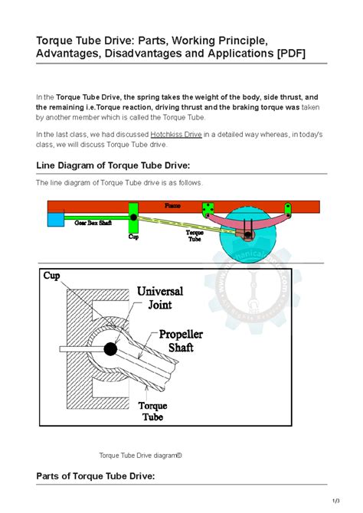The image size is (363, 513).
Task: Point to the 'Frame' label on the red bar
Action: pos(174,206)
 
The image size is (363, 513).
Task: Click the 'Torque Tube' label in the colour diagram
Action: pos(195,235)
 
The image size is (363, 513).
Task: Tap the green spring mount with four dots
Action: pos(208,209)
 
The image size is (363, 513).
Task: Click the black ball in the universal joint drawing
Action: pos(111,349)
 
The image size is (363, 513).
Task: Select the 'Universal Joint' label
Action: pos(165,298)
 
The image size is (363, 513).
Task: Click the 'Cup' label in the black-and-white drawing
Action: pos(51,276)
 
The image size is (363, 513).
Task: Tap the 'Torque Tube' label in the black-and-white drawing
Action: pos(154,411)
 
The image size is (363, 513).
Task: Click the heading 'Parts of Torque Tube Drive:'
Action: pos(96,476)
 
